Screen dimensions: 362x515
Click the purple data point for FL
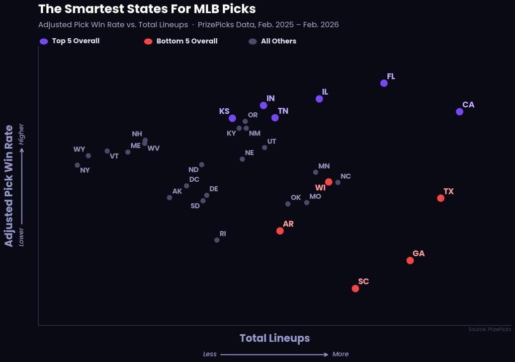pos(384,83)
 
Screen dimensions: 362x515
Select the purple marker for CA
pos(459,111)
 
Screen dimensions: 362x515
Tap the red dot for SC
pos(355,288)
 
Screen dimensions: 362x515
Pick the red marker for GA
pos(410,260)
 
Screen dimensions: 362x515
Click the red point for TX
pos(441,198)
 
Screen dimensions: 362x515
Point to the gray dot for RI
pos(217,240)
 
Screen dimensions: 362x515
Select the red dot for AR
pos(280,231)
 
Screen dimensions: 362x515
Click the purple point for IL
pos(319,99)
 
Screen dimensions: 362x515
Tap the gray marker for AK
pos(169,197)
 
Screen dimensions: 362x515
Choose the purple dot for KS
pos(232,118)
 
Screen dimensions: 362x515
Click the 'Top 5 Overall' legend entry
pos(70,41)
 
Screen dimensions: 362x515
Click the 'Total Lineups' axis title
pos(275,338)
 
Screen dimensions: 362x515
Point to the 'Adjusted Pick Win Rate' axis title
pos(9,186)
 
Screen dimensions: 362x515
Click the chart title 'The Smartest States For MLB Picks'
pos(147,9)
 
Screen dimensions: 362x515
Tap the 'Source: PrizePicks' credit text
pos(489,329)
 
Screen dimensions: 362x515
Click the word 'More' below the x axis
pos(340,354)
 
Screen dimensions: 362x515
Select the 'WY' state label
pos(79,150)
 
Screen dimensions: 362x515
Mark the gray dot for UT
pos(265,148)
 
